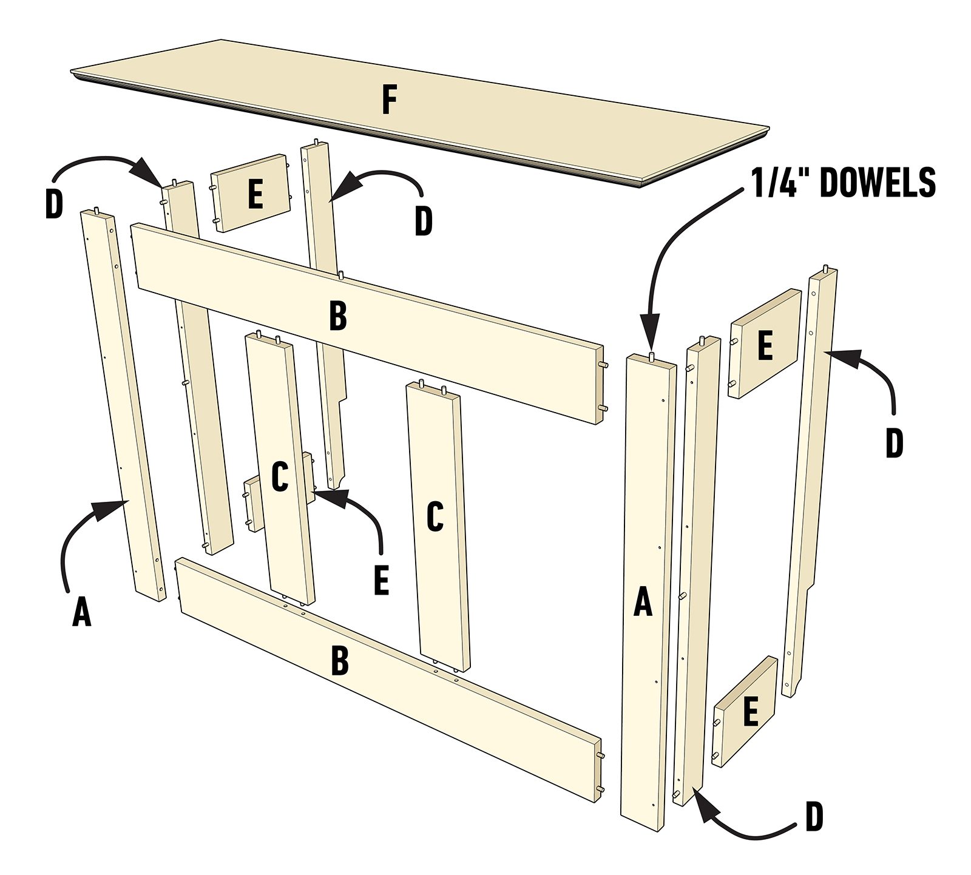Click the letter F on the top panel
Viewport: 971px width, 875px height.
(389, 100)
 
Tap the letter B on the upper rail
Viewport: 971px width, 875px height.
(338, 316)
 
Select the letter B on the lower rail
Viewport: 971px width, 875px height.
(340, 661)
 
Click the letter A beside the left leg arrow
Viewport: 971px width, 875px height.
(82, 611)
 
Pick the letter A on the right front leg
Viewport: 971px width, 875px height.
(643, 601)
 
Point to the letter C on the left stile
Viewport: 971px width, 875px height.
(279, 477)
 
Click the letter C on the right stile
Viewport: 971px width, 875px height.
(435, 517)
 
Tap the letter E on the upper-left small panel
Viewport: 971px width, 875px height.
(255, 195)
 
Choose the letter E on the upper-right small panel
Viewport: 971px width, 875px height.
(765, 345)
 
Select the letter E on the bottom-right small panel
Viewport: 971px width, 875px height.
(751, 712)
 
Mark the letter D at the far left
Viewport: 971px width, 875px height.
(54, 205)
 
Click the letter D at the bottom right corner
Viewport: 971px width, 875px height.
(814, 817)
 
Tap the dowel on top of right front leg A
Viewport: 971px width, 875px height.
(651, 355)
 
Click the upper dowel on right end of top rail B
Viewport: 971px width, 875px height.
(604, 365)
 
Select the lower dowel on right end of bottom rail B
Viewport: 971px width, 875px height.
(601, 789)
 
